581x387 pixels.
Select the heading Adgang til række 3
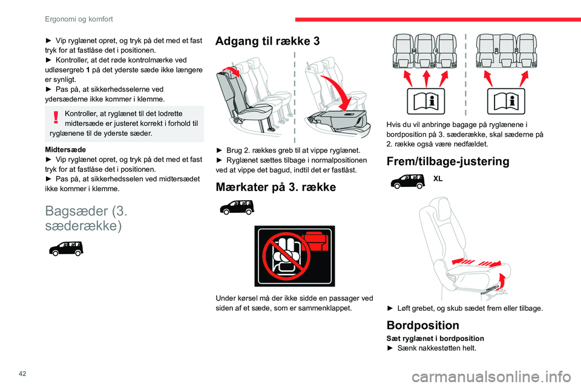click(x=268, y=42)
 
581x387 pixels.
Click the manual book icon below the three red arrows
click(x=425, y=101)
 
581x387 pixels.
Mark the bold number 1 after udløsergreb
click(x=88, y=70)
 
